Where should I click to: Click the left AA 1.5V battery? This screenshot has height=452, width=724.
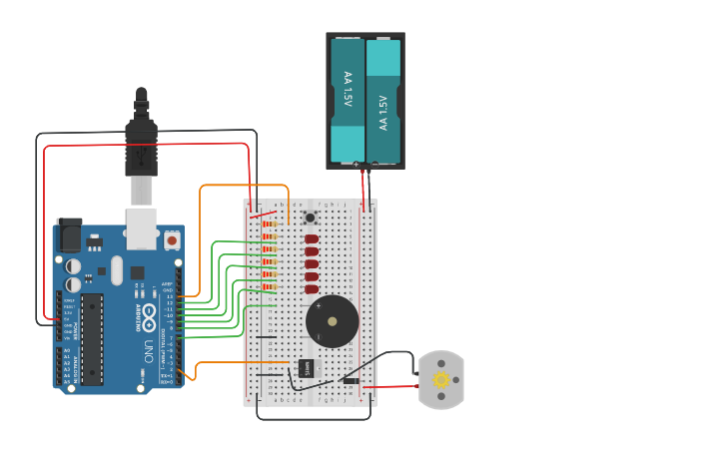pyautogui.click(x=348, y=100)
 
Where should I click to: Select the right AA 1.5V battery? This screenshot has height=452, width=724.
pyautogui.click(x=383, y=100)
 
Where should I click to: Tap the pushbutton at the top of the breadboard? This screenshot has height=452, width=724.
pyautogui.click(x=310, y=218)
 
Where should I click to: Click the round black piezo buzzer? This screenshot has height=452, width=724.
pyautogui.click(x=332, y=321)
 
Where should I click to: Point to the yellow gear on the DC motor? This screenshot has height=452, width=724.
pyautogui.click(x=439, y=379)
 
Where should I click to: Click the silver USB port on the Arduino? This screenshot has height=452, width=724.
pyautogui.click(x=142, y=228)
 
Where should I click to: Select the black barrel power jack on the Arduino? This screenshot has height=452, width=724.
pyautogui.click(x=69, y=235)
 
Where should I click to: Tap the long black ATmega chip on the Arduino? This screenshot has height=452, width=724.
pyautogui.click(x=92, y=339)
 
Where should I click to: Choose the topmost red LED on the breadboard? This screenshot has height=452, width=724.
pyautogui.click(x=312, y=239)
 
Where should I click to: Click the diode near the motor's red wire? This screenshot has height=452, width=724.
pyautogui.click(x=351, y=380)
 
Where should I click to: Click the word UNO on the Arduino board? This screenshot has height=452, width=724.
pyautogui.click(x=148, y=352)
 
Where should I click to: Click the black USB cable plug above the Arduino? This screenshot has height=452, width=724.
pyautogui.click(x=141, y=140)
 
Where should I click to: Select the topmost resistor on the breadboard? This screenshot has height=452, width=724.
pyautogui.click(x=269, y=225)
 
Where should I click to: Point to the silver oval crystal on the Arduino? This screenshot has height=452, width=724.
pyautogui.click(x=116, y=270)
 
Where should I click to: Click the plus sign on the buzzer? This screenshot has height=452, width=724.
pyautogui.click(x=319, y=306)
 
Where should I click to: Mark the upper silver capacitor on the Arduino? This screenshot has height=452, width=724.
pyautogui.click(x=74, y=266)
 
